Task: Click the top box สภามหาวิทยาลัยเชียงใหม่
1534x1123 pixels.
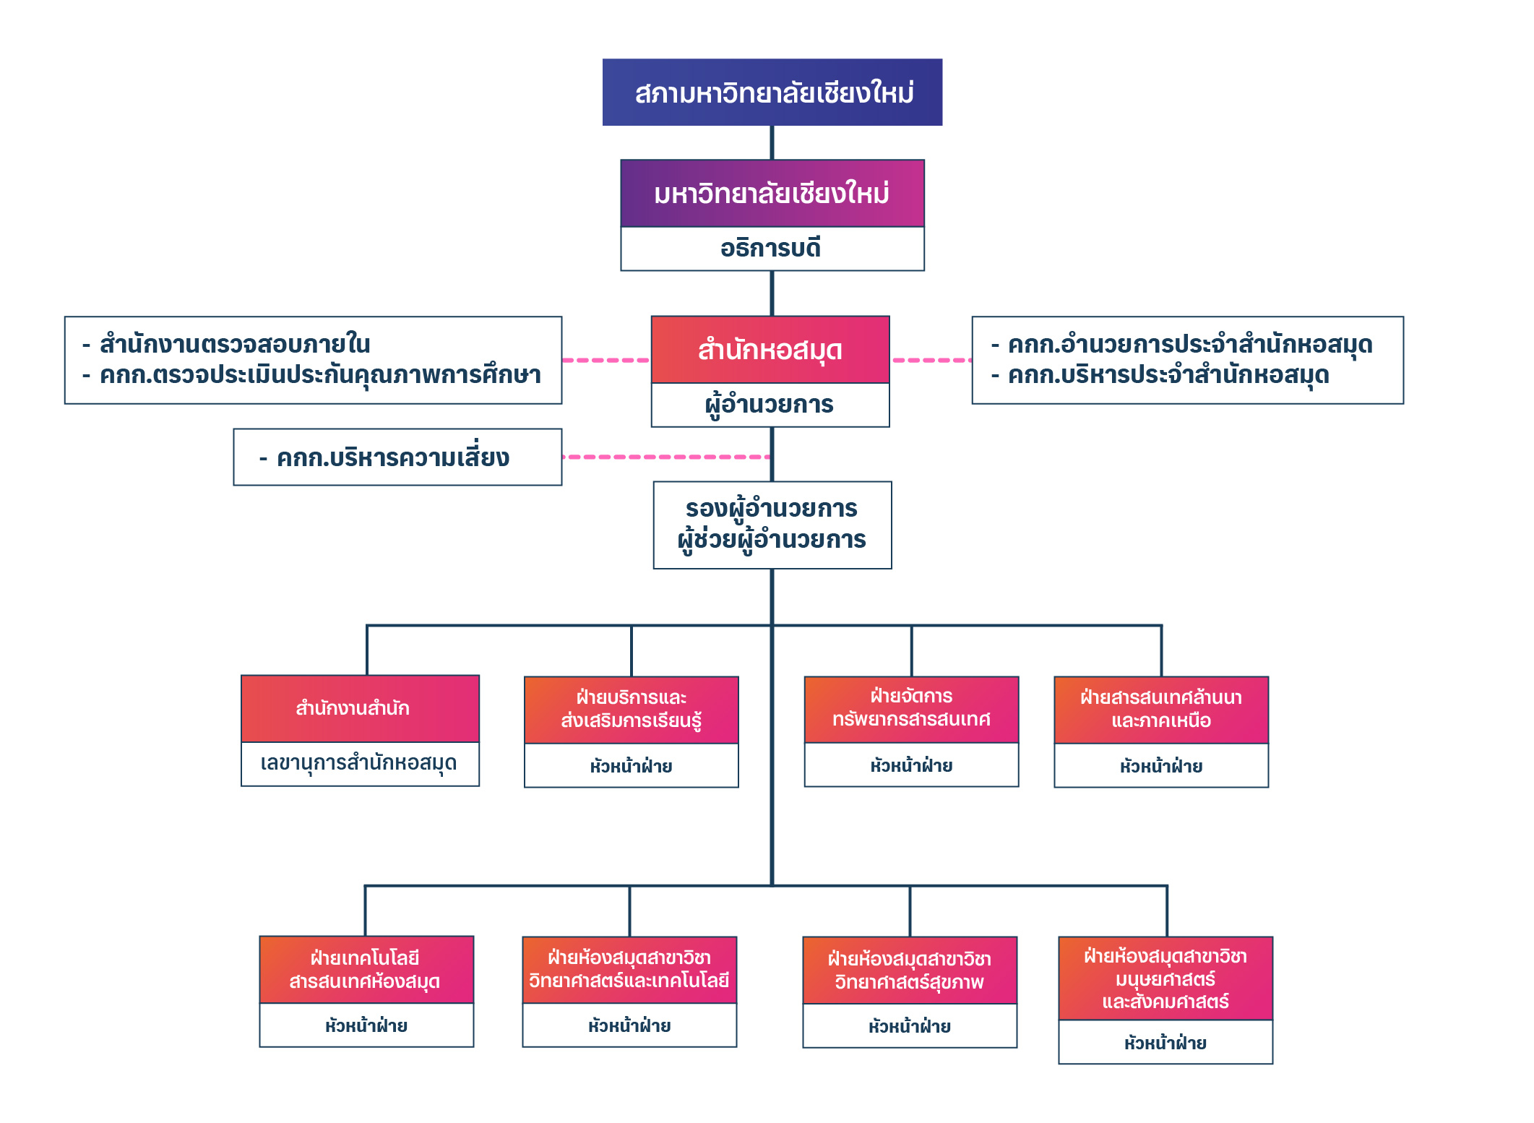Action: [x=772, y=92]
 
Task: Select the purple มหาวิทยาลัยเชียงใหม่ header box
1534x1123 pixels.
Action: [x=772, y=193]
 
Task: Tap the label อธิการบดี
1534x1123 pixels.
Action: [x=772, y=249]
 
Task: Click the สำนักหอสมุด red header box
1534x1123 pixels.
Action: [x=770, y=350]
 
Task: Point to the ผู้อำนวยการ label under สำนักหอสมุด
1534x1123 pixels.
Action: [x=770, y=405]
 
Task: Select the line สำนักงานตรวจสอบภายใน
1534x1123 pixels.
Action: [x=235, y=344]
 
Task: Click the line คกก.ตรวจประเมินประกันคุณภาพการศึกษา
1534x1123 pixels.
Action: [x=320, y=375]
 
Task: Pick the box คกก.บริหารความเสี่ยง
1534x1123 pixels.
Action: [x=397, y=457]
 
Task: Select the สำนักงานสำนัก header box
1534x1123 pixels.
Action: [x=359, y=708]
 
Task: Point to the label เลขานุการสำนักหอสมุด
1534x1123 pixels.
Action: [x=359, y=763]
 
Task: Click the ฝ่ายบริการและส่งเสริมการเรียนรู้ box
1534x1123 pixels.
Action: [x=631, y=709]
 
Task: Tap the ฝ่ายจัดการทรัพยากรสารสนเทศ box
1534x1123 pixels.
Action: [x=911, y=708]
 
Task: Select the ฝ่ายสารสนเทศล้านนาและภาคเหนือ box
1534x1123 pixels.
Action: [x=1160, y=709]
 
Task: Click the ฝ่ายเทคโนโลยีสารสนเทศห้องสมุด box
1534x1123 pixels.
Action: [x=366, y=969]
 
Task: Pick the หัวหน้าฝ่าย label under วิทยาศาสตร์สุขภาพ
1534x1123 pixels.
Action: [x=909, y=1026]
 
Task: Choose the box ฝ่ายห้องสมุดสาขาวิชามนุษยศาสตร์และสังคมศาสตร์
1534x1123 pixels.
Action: [x=1165, y=978]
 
